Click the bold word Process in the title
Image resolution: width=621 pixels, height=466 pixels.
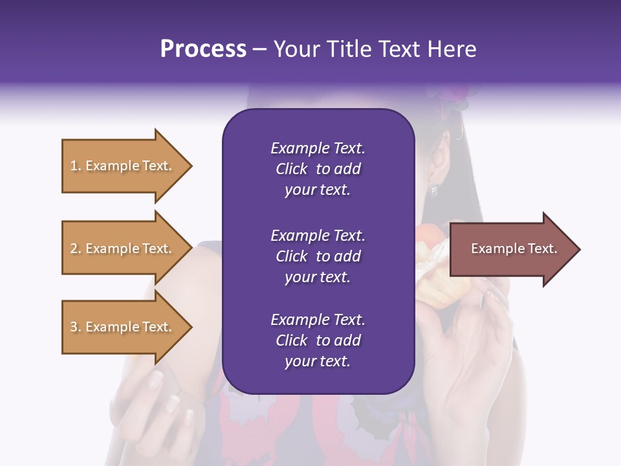pyautogui.click(x=203, y=49)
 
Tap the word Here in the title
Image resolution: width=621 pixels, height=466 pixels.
pyautogui.click(x=452, y=49)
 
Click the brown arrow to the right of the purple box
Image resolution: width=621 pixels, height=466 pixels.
pyautogui.click(x=511, y=249)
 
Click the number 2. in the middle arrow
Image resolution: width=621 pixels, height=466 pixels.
pyautogui.click(x=76, y=249)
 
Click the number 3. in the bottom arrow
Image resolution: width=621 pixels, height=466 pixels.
pyautogui.click(x=76, y=327)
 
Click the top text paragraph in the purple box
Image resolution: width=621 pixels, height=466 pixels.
pyautogui.click(x=318, y=169)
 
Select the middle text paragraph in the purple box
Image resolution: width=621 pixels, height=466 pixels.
pyautogui.click(x=318, y=256)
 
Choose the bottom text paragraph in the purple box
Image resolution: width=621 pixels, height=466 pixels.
pyautogui.click(x=318, y=340)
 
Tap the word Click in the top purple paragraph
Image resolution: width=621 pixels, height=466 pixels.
pyautogui.click(x=291, y=169)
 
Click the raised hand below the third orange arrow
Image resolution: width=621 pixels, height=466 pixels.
pyautogui.click(x=155, y=401)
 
